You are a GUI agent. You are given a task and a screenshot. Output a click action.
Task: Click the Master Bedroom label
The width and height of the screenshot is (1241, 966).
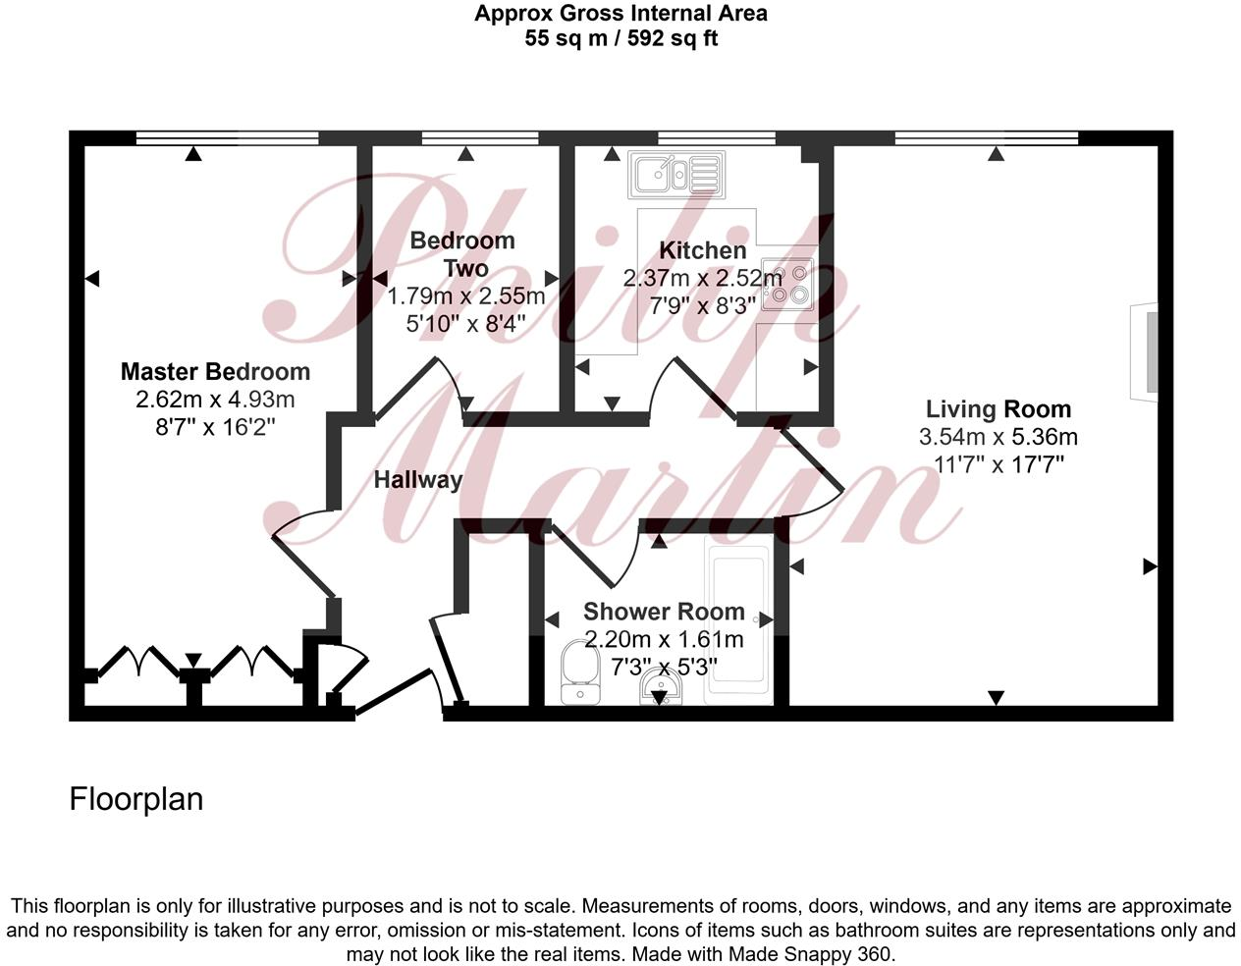click(215, 372)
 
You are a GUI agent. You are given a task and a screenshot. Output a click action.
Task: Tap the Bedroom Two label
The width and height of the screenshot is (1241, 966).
click(462, 254)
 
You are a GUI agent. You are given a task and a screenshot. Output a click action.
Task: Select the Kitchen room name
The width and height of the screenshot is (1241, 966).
click(702, 250)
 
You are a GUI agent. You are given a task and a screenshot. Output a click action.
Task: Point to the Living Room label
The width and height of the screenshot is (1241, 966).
click(998, 409)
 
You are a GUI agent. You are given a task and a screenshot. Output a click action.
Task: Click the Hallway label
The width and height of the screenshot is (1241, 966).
click(417, 480)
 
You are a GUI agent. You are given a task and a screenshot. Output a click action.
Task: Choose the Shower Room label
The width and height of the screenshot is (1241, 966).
click(664, 612)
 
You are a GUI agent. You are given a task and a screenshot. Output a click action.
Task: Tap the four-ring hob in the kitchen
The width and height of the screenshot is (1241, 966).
click(788, 284)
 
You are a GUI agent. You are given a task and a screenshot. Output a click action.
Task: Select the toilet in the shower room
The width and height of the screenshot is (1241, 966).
click(578, 674)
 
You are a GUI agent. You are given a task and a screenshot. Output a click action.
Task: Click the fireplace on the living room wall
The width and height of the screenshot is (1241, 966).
click(1144, 351)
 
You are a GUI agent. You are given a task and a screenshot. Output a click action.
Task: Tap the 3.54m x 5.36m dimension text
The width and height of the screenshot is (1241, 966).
click(998, 437)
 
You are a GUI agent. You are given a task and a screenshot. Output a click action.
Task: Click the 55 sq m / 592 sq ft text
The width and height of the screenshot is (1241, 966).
click(620, 39)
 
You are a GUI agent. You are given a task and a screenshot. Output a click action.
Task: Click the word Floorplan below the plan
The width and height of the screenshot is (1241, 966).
click(136, 799)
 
